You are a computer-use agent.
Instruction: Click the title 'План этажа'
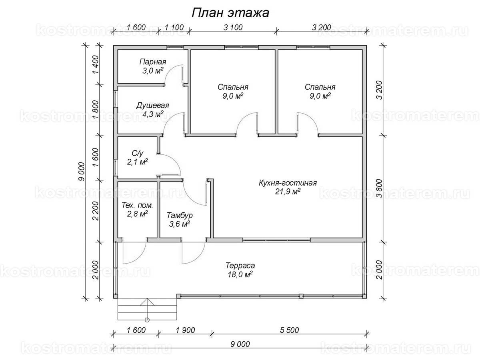230,13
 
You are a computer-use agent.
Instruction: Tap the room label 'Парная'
153,62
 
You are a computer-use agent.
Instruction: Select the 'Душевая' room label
152,106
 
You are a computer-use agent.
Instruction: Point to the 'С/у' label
138,153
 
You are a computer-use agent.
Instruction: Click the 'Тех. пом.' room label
137,206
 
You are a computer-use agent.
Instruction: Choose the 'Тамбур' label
180,216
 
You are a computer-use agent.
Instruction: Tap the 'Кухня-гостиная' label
288,183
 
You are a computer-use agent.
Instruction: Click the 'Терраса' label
240,266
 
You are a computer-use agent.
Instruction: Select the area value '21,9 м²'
288,192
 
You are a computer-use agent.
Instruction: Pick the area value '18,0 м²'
240,274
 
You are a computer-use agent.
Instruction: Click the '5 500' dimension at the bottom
289,330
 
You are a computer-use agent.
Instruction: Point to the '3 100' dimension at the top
233,27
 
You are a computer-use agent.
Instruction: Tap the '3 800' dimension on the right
380,188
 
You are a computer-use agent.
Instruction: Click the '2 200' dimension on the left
96,211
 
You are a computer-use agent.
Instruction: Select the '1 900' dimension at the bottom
186,330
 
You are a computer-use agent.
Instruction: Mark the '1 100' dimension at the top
174,28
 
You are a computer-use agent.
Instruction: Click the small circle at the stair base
147,320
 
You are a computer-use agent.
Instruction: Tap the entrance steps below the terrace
147,309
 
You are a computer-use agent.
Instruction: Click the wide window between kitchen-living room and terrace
277,240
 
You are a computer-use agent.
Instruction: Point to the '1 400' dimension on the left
96,65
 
